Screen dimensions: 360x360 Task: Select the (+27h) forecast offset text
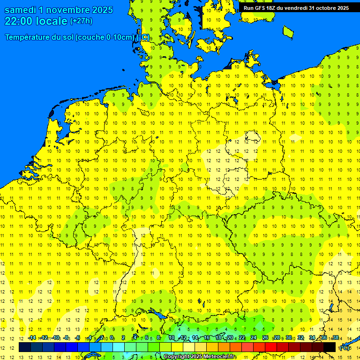81,21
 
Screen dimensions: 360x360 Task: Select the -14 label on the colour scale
32,337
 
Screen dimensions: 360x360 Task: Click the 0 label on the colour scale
112,337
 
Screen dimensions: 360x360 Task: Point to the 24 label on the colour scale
254,337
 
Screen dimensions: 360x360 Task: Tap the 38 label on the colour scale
336,337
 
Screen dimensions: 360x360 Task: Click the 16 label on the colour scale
206,337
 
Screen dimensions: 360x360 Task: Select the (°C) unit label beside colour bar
345,348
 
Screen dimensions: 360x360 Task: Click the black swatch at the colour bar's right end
330,347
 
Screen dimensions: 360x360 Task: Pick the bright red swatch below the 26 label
271,347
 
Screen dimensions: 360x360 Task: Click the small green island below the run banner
288,31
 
